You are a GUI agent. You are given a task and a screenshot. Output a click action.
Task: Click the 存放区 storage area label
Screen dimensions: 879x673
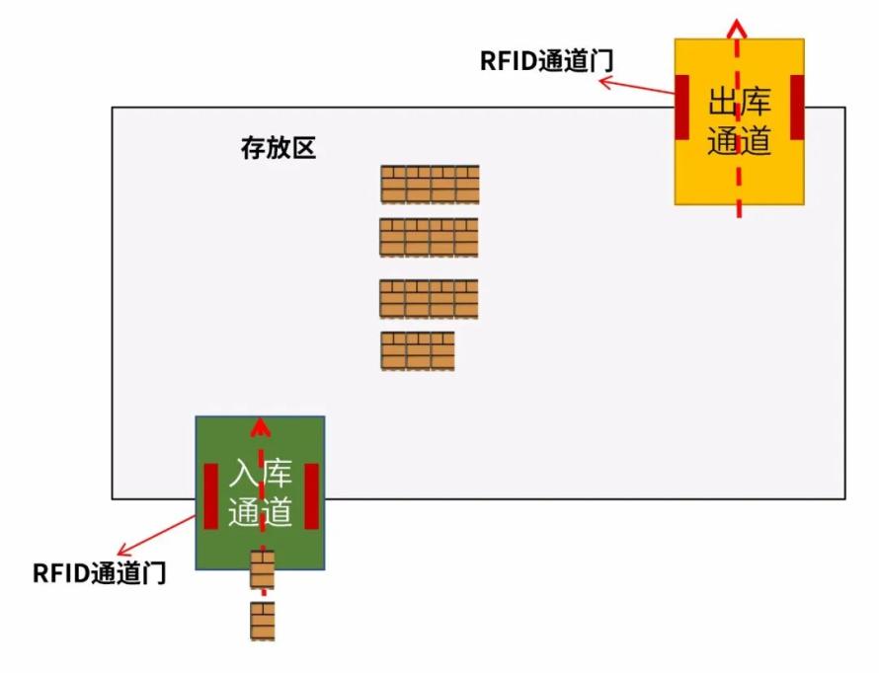(x=279, y=148)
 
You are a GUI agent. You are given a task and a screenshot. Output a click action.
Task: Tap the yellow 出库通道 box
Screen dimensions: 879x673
(x=739, y=121)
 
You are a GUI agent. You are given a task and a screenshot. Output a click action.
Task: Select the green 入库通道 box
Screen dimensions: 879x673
(x=260, y=492)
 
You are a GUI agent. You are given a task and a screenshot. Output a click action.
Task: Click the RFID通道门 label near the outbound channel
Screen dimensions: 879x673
(x=546, y=61)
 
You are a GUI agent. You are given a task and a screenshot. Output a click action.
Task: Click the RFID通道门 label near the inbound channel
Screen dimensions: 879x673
(x=99, y=572)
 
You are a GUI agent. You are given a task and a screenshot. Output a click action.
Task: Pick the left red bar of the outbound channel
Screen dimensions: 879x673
(x=681, y=107)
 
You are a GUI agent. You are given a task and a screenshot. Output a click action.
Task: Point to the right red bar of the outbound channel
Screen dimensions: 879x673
(x=797, y=107)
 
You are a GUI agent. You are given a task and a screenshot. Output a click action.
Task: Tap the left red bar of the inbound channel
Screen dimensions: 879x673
(x=210, y=496)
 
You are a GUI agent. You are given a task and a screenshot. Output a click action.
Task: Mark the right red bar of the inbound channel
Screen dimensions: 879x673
(x=312, y=496)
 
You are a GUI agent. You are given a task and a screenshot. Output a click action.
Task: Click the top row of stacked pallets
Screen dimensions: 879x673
(x=430, y=185)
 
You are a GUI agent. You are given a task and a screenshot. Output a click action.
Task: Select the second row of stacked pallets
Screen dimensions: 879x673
(x=429, y=238)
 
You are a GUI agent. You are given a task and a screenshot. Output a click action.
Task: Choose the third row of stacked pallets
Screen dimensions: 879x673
(x=429, y=299)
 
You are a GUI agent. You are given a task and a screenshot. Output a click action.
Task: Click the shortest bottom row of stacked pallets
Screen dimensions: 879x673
(x=418, y=351)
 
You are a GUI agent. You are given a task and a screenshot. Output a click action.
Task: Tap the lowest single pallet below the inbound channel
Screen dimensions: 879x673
(x=263, y=621)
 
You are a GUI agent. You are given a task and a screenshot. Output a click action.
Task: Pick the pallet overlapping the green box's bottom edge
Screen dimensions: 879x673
(x=263, y=570)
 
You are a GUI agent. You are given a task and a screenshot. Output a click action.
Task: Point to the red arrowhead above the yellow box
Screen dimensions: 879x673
(x=737, y=28)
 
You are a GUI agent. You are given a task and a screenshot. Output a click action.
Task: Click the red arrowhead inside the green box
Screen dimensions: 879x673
(x=260, y=426)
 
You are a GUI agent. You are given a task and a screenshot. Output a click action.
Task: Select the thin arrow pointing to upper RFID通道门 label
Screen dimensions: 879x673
(x=637, y=86)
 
